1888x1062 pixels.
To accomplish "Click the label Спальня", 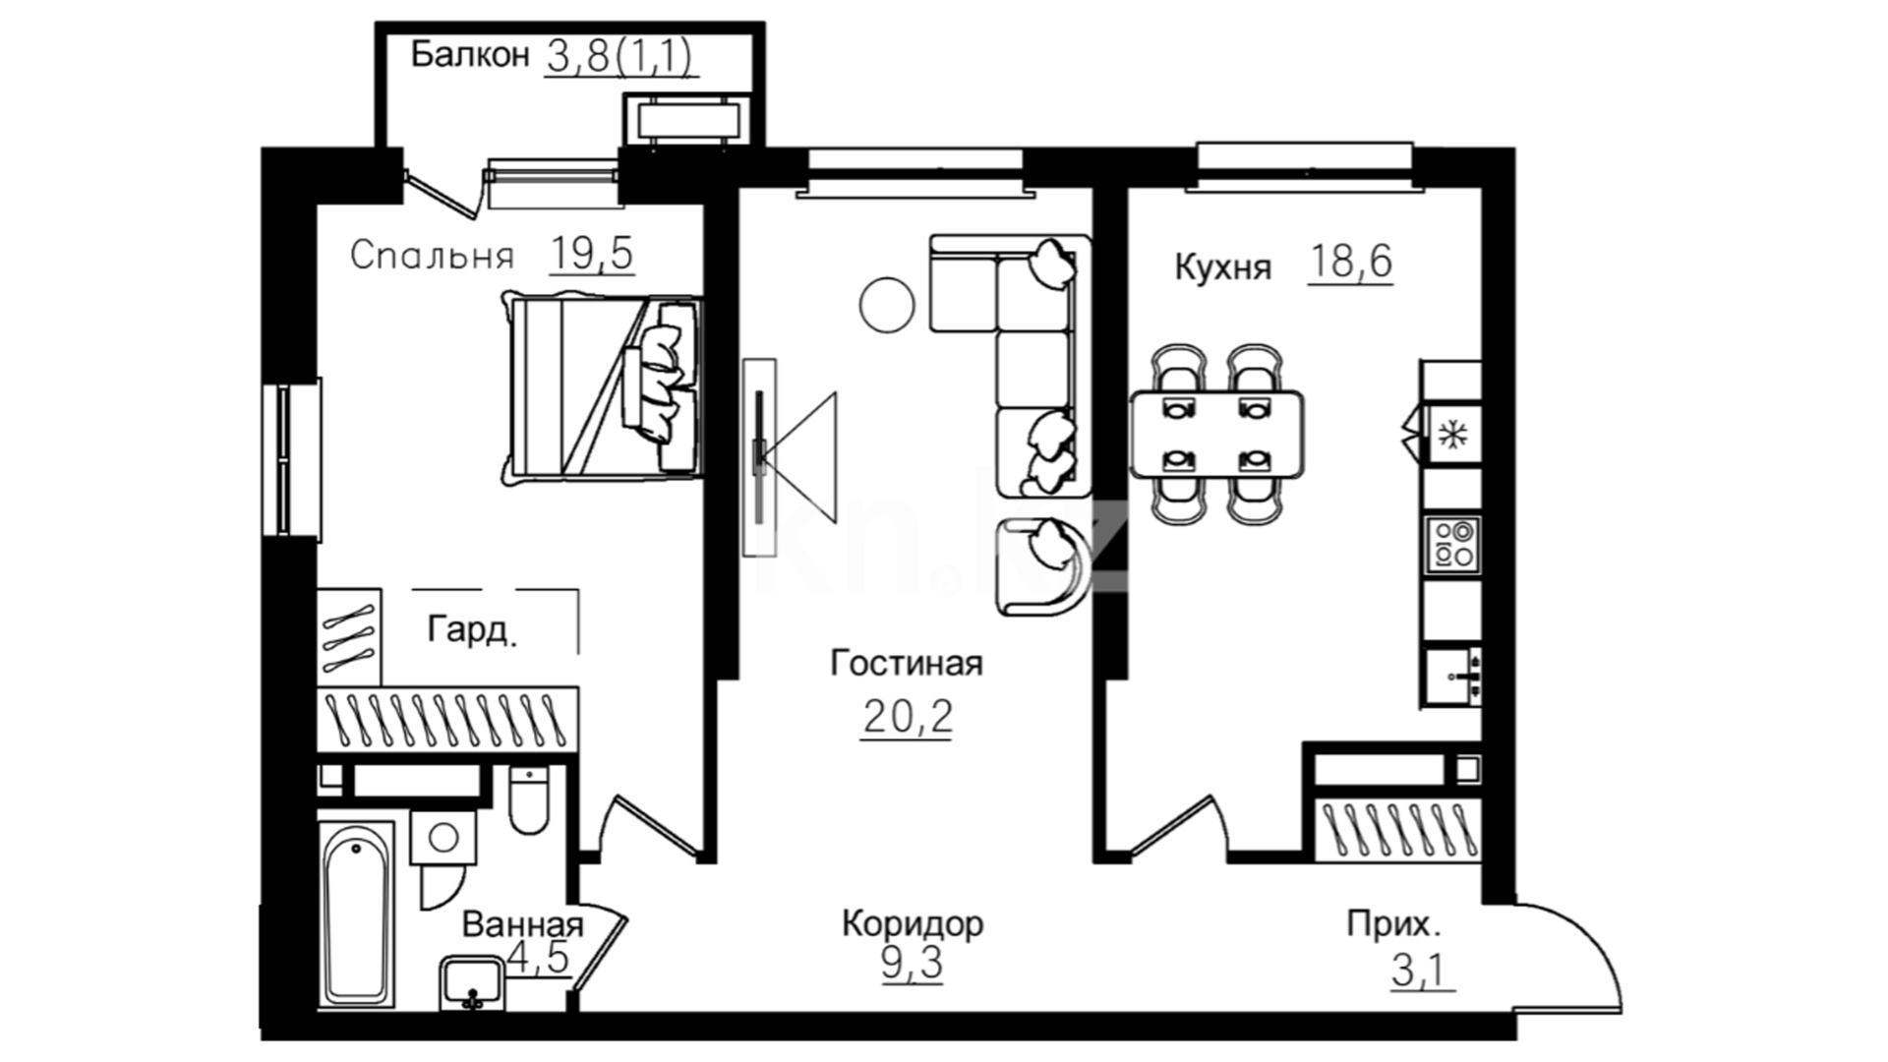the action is [432, 256].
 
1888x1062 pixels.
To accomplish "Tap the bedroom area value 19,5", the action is [592, 254].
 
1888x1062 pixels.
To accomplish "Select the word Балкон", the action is [470, 54].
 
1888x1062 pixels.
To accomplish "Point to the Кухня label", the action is [1223, 266].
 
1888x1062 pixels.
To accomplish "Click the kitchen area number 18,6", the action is [1351, 262].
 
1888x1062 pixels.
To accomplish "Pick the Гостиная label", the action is [907, 663].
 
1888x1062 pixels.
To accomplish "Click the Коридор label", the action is [913, 923].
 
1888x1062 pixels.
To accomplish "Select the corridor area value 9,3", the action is [913, 964].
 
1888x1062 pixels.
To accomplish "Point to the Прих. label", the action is [1394, 924].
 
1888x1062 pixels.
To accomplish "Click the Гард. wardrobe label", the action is [472, 629].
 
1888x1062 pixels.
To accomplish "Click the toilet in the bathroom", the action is [529, 798].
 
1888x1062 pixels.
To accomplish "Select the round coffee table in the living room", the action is [887, 304].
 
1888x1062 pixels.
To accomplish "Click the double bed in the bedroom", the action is [602, 387].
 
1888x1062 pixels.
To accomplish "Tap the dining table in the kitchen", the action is [1217, 434].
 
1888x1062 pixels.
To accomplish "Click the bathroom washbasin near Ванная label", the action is [473, 983].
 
